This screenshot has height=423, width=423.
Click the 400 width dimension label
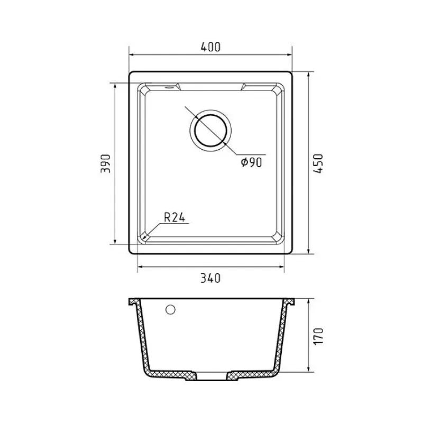click(x=210, y=47)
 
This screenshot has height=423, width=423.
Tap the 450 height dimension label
click(x=318, y=163)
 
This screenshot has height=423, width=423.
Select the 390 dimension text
click(x=105, y=163)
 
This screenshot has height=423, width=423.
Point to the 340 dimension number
click(x=210, y=278)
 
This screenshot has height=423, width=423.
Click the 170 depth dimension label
click(x=319, y=336)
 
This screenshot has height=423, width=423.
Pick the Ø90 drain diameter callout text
click(x=252, y=162)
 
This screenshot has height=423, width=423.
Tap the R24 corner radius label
click(x=174, y=217)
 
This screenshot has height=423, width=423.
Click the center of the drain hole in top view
click(x=210, y=131)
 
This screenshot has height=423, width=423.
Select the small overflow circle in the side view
click(x=170, y=310)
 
